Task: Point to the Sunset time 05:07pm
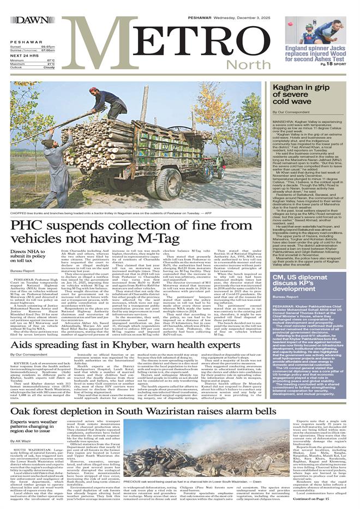click(x=47, y=47)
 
